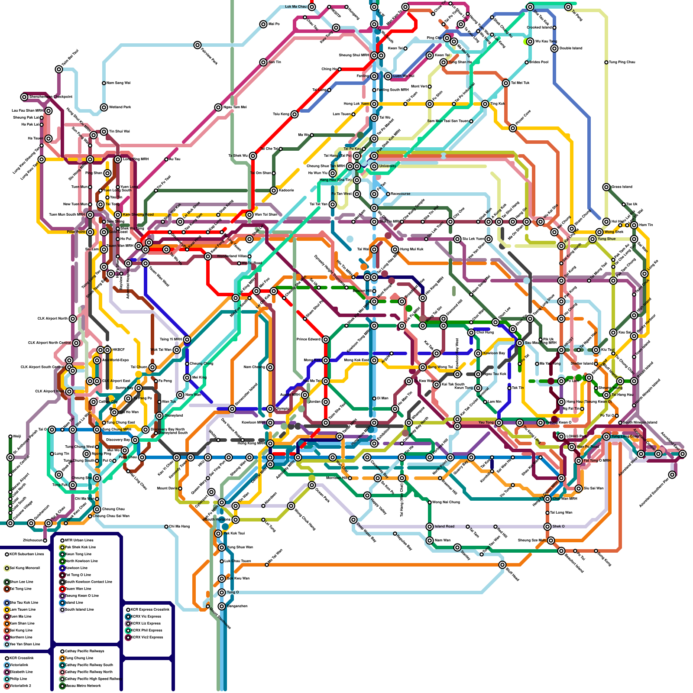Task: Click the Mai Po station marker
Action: pyautogui.click(x=263, y=24)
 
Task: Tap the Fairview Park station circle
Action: pyautogui.click(x=198, y=45)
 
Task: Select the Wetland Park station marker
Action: pyautogui.click(x=104, y=107)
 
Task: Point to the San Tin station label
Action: pyautogui.click(x=275, y=62)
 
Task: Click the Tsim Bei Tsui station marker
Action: pyautogui.click(x=59, y=69)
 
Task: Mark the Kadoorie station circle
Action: pyautogui.click(x=274, y=191)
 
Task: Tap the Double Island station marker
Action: pyautogui.click(x=554, y=49)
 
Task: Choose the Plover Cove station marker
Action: pyautogui.click(x=513, y=128)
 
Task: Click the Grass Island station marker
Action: pyautogui.click(x=606, y=187)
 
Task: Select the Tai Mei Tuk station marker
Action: pyautogui.click(x=506, y=83)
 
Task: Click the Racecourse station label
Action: pyautogui.click(x=401, y=194)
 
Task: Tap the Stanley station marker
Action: pyautogui.click(x=457, y=547)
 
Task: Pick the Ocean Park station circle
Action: pyautogui.click(x=312, y=485)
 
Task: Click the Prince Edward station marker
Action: pyautogui.click(x=326, y=340)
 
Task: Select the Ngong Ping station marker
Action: pyautogui.click(x=87, y=454)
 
